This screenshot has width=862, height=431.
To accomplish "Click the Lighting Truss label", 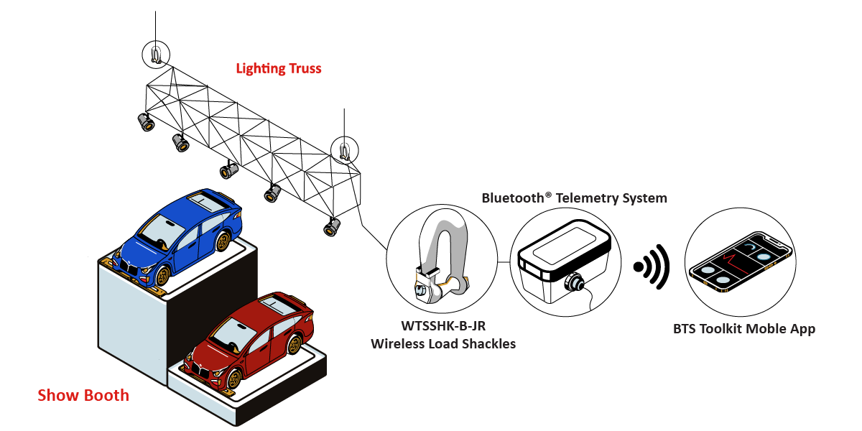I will click(x=279, y=69).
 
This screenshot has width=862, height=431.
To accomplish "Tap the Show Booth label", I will click(x=83, y=395).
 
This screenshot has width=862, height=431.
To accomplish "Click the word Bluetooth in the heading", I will click(x=512, y=198).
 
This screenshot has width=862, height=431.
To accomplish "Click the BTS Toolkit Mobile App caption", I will click(x=744, y=330).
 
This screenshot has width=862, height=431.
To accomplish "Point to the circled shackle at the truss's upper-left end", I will click(x=156, y=54).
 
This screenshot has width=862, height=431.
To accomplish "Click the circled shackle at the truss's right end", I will click(x=343, y=150).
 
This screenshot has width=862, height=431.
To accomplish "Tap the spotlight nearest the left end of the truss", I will click(x=147, y=123).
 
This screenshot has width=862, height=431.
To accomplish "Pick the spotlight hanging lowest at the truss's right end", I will click(x=331, y=228).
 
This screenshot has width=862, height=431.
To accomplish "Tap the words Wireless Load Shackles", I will click(x=443, y=344).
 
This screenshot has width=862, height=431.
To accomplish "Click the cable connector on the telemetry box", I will click(x=575, y=282).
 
